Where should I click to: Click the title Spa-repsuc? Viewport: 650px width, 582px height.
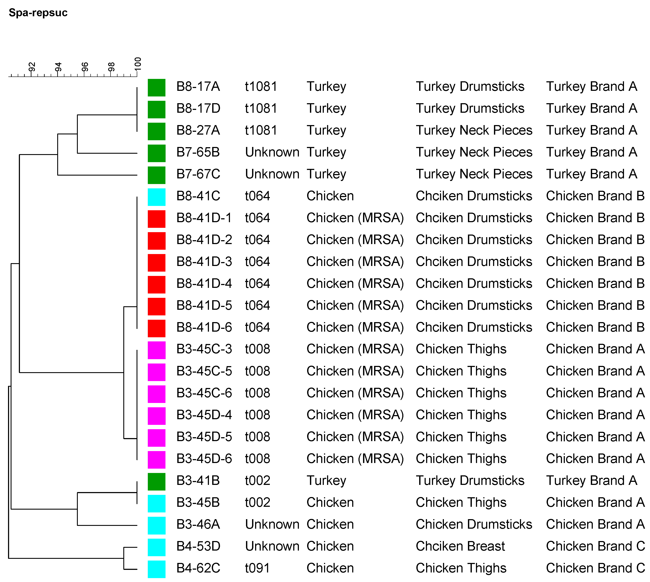(38, 13)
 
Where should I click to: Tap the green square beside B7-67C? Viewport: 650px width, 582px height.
(156, 175)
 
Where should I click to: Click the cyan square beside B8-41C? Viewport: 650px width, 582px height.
(156, 197)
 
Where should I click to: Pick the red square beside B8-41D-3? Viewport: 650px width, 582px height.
(156, 262)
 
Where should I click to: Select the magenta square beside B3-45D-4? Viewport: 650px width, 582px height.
(156, 416)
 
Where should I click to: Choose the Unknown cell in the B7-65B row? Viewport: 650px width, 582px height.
(272, 152)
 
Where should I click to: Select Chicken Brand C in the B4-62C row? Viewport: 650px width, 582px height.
(595, 568)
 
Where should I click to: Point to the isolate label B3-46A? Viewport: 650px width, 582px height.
(198, 524)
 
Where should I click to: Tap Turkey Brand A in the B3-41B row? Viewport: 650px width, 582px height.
(591, 481)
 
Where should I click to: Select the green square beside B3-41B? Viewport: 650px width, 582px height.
(156, 482)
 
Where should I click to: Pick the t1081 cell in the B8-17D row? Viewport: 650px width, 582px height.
(261, 108)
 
